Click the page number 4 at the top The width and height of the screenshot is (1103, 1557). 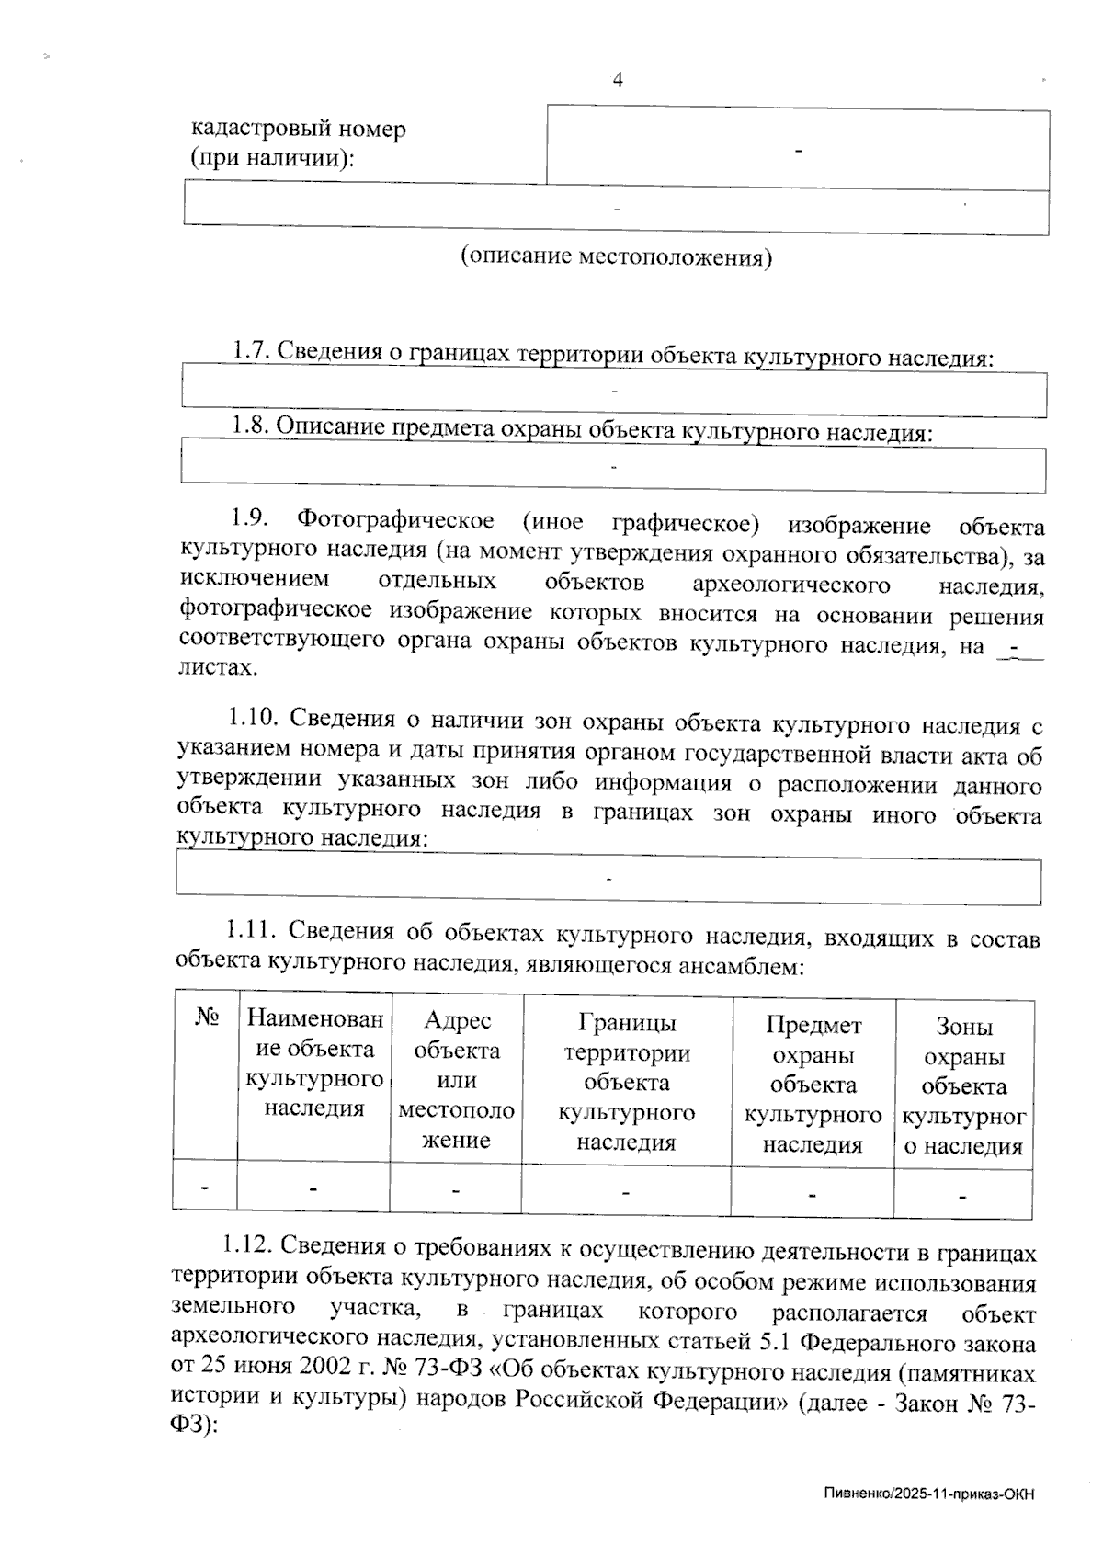pyautogui.click(x=618, y=80)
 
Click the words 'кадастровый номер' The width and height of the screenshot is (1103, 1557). pyautogui.click(x=298, y=129)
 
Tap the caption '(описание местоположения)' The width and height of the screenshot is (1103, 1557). pyautogui.click(x=616, y=257)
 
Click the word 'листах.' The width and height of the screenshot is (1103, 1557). pyautogui.click(x=218, y=668)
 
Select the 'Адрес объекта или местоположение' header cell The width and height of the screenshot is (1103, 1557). pyautogui.click(x=457, y=1080)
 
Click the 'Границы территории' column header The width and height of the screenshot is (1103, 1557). pyautogui.click(x=627, y=1082)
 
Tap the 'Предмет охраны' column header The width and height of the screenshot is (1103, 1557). pyautogui.click(x=813, y=1085)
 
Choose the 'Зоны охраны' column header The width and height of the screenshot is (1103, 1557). pyautogui.click(x=963, y=1086)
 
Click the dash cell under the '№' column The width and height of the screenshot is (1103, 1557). pyautogui.click(x=205, y=1187)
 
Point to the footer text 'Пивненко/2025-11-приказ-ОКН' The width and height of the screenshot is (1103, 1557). pyautogui.click(x=928, y=1494)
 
